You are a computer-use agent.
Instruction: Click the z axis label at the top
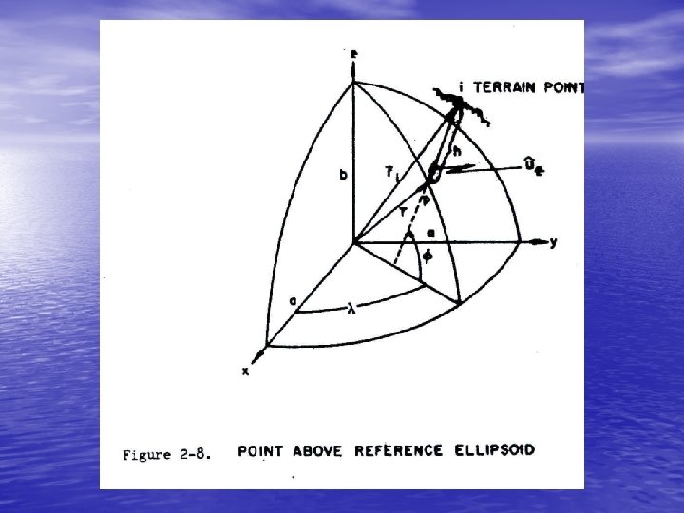[x=353, y=55]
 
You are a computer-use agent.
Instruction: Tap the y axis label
[x=554, y=242]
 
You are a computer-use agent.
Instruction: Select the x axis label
[x=245, y=371]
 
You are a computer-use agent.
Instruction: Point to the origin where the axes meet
[x=353, y=242]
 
